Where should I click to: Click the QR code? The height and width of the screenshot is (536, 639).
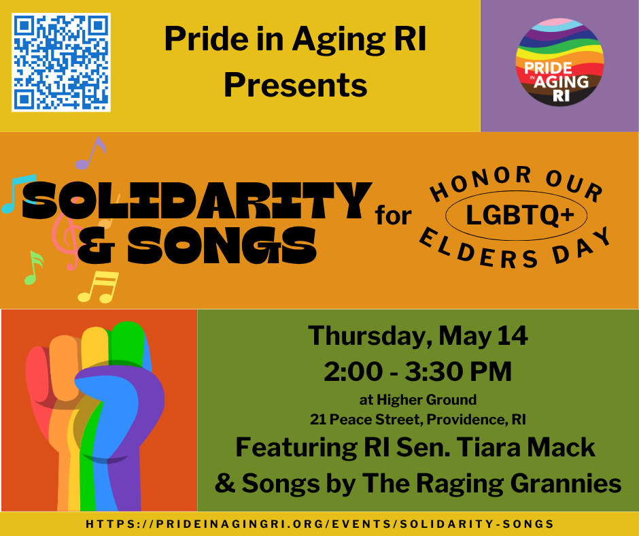click(61, 62)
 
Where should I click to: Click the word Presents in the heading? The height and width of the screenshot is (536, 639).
click(295, 86)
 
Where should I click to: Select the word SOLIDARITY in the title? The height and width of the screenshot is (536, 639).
click(197, 201)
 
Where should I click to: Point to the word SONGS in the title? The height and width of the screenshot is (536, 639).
click(197, 245)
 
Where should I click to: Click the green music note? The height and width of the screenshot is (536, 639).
click(33, 267)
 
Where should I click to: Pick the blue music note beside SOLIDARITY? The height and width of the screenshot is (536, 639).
click(16, 193)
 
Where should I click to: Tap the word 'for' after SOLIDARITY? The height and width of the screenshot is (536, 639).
click(394, 216)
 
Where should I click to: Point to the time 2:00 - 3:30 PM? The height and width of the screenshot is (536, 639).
click(418, 371)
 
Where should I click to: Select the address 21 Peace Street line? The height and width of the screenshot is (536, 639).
click(418, 419)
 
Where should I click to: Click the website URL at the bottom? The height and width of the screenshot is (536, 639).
click(319, 524)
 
